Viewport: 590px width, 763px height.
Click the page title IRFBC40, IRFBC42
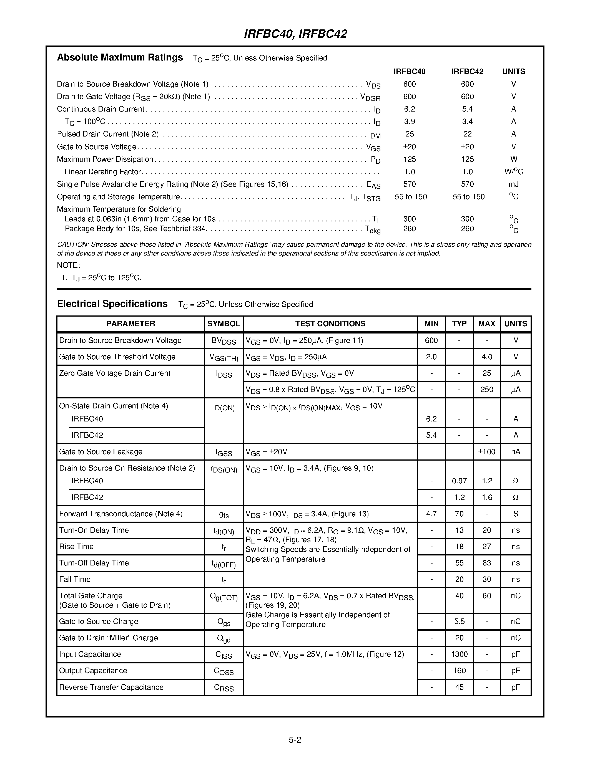[x=295, y=34]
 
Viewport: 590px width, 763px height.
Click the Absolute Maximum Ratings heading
[x=120, y=57]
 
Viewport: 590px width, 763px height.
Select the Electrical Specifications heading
[x=112, y=304]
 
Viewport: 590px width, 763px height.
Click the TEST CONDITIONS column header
[x=330, y=324]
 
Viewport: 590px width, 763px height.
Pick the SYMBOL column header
[x=224, y=324]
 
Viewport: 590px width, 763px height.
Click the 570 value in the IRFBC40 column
[x=409, y=184]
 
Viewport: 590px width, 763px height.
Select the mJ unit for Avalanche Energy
[x=513, y=184]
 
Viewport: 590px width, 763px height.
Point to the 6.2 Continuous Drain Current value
[x=409, y=109]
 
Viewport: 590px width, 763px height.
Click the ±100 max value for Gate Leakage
[x=486, y=452]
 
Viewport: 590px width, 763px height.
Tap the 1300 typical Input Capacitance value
[x=459, y=654]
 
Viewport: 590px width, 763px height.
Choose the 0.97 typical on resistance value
[x=459, y=481]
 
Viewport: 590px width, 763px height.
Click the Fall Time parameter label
[x=75, y=579]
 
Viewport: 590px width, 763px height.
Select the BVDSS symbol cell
[x=224, y=341]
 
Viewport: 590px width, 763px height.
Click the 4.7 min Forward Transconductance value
[x=431, y=514]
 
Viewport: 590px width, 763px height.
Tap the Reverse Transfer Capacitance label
[x=111, y=687]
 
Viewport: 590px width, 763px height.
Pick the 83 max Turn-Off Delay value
[x=486, y=563]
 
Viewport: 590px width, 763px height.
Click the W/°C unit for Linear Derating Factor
[x=513, y=171]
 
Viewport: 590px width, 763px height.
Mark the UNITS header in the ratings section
[x=513, y=72]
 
